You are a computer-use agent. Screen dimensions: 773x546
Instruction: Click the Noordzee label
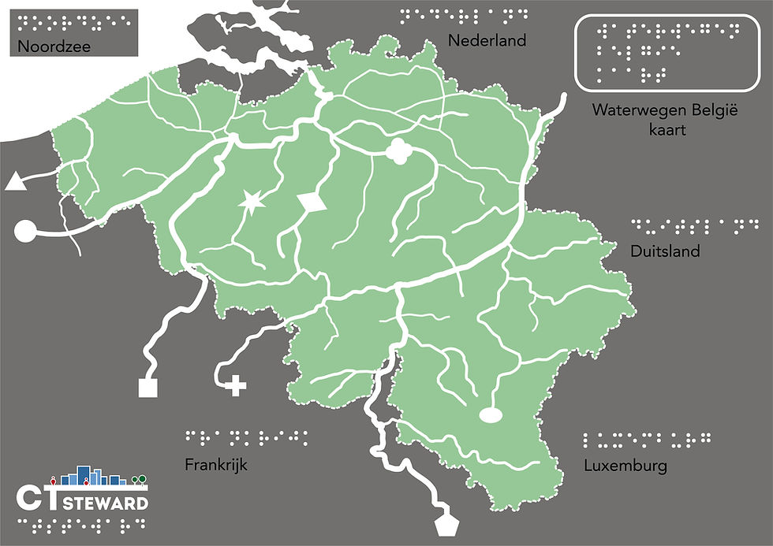[54, 46]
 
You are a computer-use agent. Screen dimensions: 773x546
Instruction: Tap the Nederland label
[487, 40]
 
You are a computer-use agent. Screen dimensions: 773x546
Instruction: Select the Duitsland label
[665, 251]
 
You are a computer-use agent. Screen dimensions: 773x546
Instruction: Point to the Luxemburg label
[625, 465]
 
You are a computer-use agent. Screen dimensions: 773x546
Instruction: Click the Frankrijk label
[216, 464]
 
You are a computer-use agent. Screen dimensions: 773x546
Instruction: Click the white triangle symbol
[14, 183]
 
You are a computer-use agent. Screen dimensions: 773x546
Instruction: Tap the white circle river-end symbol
[25, 232]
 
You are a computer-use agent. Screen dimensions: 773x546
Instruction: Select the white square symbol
[148, 387]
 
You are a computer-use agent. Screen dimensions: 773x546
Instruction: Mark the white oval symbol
[491, 414]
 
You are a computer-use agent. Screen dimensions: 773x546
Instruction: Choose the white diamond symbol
[313, 202]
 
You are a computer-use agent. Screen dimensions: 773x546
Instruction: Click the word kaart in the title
[663, 129]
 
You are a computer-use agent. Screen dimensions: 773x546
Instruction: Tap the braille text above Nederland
[464, 15]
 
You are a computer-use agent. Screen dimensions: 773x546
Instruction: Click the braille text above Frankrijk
[248, 435]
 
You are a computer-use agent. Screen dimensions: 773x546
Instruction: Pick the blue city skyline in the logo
[93, 476]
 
